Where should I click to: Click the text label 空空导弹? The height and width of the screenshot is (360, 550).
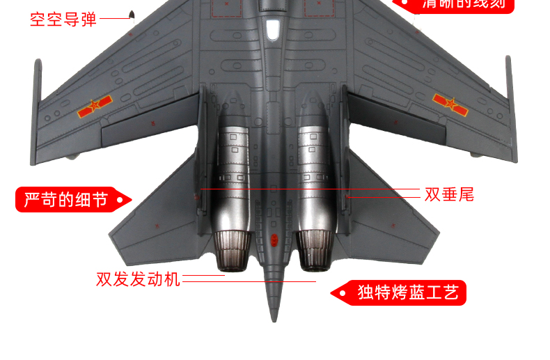[63, 19]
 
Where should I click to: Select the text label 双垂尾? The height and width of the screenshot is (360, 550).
[449, 194]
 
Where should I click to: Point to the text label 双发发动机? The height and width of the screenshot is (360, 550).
[138, 279]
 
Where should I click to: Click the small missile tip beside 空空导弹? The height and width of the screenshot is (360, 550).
[131, 14]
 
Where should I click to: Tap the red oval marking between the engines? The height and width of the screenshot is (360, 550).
[274, 240]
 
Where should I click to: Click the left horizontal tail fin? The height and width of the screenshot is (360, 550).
[157, 209]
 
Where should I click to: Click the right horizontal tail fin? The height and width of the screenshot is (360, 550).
[390, 209]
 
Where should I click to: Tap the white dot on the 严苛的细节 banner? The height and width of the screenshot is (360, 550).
[119, 201]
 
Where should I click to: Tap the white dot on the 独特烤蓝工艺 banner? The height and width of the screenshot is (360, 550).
[343, 293]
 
